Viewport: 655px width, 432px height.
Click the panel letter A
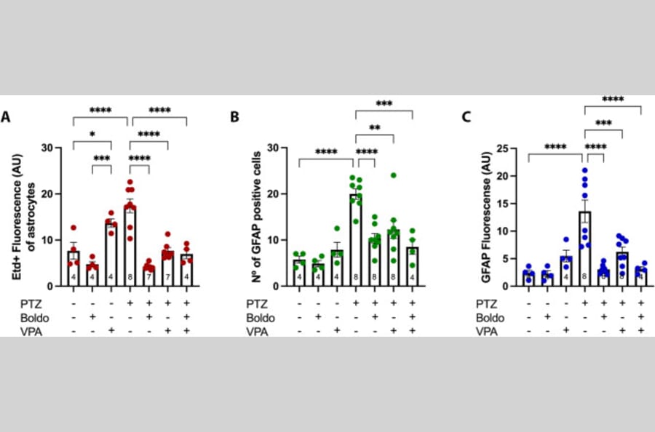click(x=7, y=116)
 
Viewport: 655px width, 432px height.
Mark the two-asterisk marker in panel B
click(x=374, y=128)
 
